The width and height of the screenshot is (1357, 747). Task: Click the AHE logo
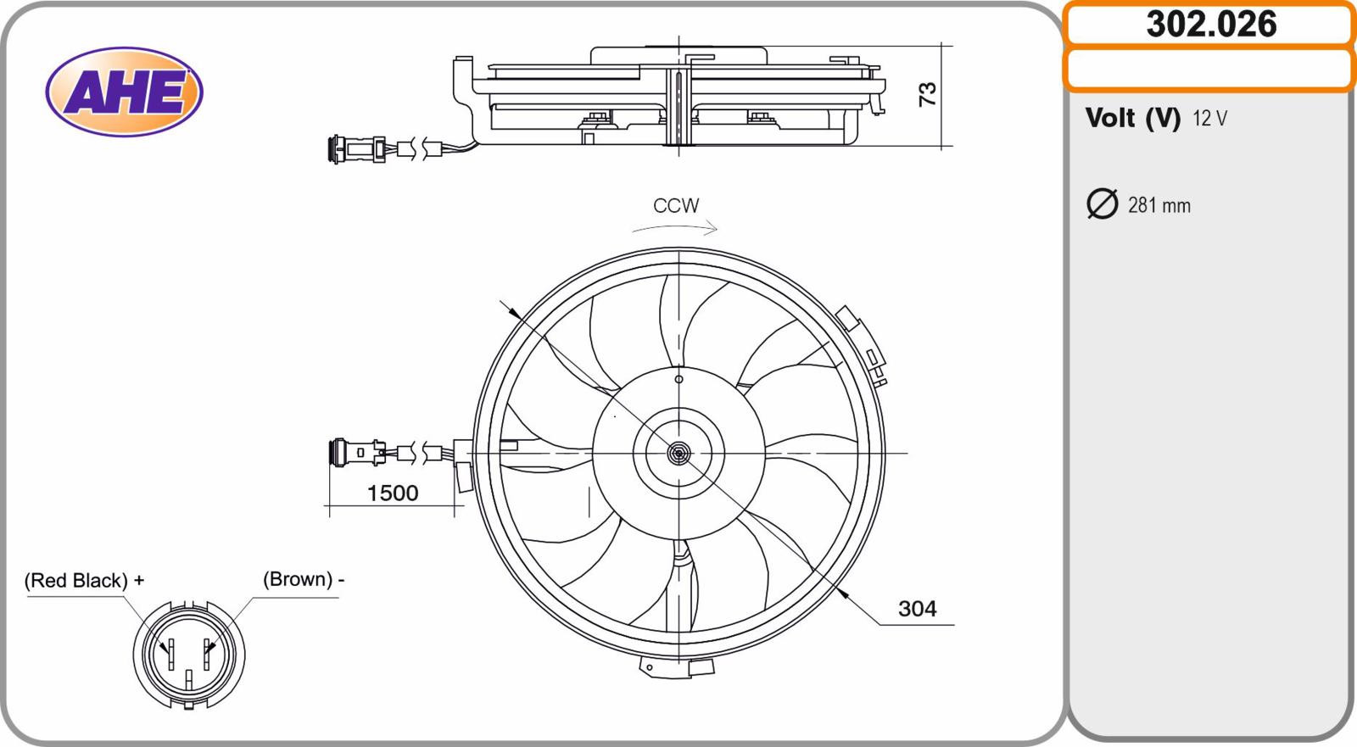pyautogui.click(x=124, y=92)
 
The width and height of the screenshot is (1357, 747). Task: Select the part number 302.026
pyautogui.click(x=1211, y=25)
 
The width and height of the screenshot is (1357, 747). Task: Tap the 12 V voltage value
pyautogui.click(x=1209, y=118)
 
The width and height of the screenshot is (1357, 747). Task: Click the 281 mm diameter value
pyautogui.click(x=1159, y=205)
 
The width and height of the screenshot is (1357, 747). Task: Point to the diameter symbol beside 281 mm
pyautogui.click(x=1102, y=203)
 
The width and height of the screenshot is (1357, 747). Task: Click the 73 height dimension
pyautogui.click(x=928, y=94)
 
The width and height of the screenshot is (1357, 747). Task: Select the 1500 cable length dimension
pyautogui.click(x=393, y=493)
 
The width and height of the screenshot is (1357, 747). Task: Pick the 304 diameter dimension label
pyautogui.click(x=917, y=608)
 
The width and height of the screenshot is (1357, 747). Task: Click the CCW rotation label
pyautogui.click(x=676, y=206)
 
